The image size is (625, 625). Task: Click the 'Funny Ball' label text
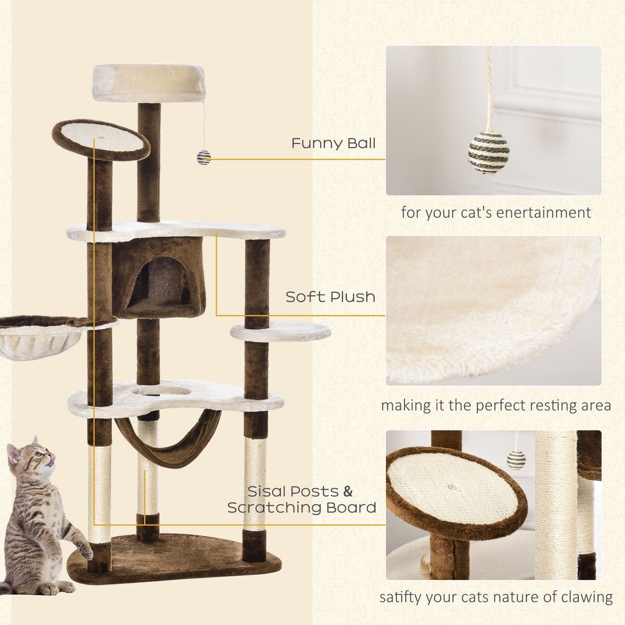pos(333,143)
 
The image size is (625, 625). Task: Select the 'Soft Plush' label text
pos(330,297)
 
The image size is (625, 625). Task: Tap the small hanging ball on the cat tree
pos(204,157)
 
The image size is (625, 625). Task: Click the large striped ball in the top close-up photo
pos(488,152)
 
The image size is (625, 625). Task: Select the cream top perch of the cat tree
pos(149,82)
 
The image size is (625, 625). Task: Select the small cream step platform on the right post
pos(281,332)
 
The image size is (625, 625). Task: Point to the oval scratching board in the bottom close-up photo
pos(456,489)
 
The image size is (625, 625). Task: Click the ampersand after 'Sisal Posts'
pos(348,492)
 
